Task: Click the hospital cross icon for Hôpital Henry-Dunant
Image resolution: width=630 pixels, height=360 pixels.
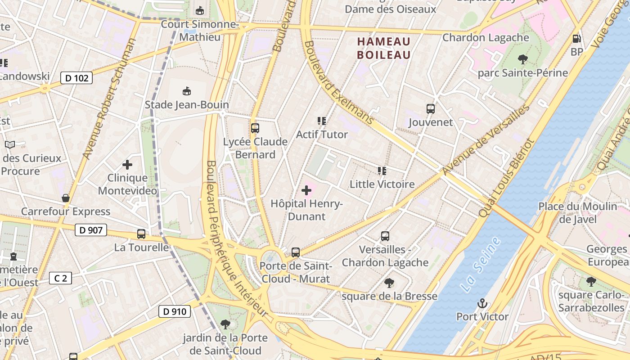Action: click(x=306, y=190)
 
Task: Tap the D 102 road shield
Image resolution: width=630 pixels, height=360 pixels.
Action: click(x=76, y=78)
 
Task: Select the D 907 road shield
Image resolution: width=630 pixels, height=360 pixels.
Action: click(x=90, y=230)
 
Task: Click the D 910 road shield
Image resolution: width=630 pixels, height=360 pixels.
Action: click(x=175, y=311)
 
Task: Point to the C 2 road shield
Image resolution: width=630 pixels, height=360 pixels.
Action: click(x=60, y=278)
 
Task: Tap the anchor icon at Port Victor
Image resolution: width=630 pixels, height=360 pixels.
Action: click(x=482, y=303)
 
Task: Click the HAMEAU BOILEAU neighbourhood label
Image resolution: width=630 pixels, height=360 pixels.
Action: click(x=384, y=48)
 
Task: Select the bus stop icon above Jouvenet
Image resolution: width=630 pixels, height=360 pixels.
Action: click(x=431, y=108)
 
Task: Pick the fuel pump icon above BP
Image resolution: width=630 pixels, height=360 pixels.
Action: click(x=576, y=39)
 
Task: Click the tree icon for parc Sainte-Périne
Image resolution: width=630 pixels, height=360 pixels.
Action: click(x=522, y=59)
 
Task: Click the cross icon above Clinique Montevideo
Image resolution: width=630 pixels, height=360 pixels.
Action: click(x=127, y=165)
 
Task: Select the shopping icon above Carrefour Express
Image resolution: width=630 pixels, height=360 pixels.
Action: click(x=66, y=198)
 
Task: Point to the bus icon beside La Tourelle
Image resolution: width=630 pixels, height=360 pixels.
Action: click(x=141, y=234)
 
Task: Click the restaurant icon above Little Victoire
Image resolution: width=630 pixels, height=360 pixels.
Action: click(x=382, y=171)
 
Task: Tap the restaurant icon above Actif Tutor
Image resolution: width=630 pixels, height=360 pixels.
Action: click(x=321, y=121)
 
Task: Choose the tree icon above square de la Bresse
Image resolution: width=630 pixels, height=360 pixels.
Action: click(x=389, y=283)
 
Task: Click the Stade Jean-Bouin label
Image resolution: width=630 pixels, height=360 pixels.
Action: click(x=187, y=105)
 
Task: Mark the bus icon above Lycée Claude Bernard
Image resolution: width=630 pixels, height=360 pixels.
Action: click(x=255, y=128)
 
